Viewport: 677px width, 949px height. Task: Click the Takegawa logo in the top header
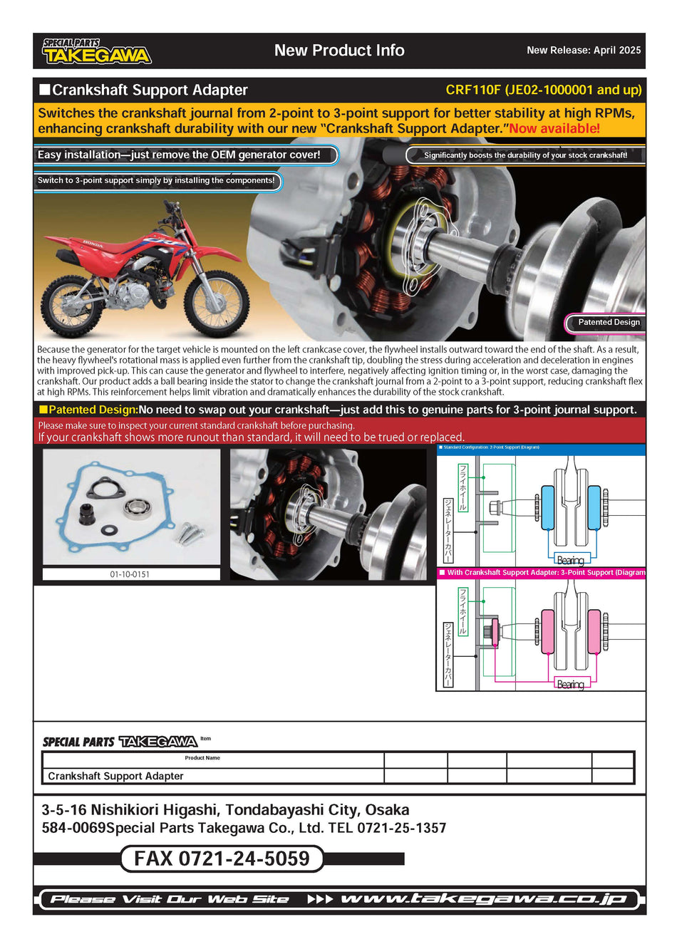[96, 51]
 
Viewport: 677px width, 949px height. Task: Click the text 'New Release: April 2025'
[583, 51]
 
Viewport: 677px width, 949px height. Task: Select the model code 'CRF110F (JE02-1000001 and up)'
[543, 90]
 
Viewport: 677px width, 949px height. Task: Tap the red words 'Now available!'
[554, 129]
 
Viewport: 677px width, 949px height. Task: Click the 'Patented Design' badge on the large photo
[608, 322]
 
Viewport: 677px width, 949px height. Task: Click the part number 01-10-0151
[130, 574]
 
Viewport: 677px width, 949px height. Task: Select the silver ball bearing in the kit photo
[136, 508]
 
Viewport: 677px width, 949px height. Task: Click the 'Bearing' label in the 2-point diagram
[570, 560]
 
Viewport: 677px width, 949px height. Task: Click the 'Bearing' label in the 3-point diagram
[570, 684]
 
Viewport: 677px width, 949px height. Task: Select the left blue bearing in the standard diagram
[547, 507]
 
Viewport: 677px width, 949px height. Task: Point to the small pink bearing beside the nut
[495, 632]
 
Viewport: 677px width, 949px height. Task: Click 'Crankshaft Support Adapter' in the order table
[115, 776]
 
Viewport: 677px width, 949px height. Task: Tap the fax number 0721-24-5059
[222, 859]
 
